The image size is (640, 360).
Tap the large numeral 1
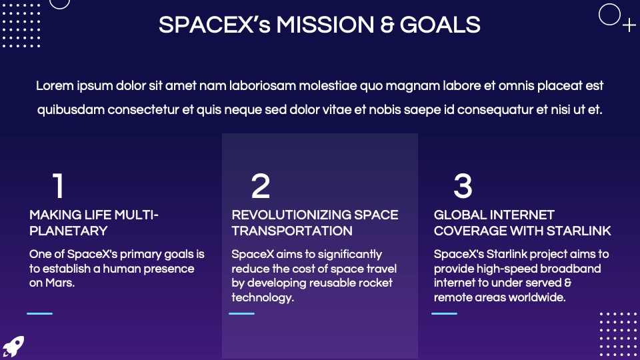[x=59, y=187]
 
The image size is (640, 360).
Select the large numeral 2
[x=261, y=187]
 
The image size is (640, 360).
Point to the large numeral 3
[x=463, y=187]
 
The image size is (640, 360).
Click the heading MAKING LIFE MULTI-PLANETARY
[x=93, y=223]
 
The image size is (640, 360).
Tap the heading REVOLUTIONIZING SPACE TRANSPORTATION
[x=315, y=223]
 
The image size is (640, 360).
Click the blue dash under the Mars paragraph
[x=39, y=313]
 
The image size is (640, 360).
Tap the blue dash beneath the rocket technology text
[x=241, y=313]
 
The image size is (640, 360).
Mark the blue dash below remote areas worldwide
[x=444, y=313]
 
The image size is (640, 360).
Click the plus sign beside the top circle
[x=629, y=26]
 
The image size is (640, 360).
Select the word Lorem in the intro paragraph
[x=55, y=86]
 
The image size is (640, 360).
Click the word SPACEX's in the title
[x=213, y=25]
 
